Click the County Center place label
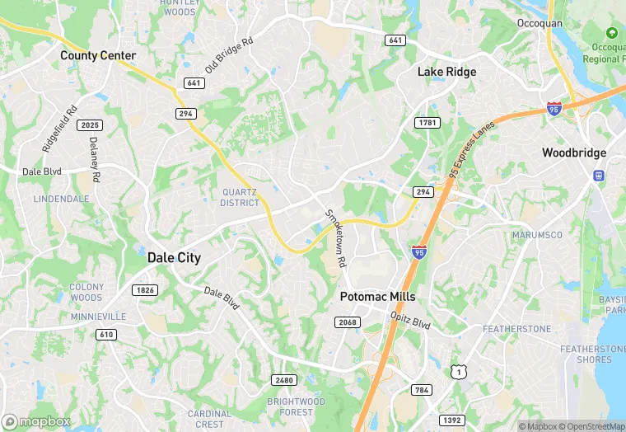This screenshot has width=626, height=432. (x=98, y=56)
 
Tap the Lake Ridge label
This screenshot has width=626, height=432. (x=446, y=72)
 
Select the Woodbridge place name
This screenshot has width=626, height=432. (x=574, y=153)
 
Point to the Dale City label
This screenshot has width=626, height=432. (x=174, y=257)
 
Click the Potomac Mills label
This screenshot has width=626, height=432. (x=378, y=296)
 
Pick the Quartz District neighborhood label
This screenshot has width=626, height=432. (x=240, y=197)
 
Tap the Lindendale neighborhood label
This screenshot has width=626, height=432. (x=61, y=200)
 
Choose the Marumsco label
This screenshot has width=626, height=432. (x=537, y=235)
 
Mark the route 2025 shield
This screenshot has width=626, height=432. (x=89, y=124)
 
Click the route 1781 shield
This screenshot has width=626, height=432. (x=427, y=122)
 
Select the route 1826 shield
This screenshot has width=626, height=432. (x=145, y=289)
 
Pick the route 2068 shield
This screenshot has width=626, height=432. (x=348, y=322)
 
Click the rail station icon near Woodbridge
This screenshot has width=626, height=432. (x=598, y=175)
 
